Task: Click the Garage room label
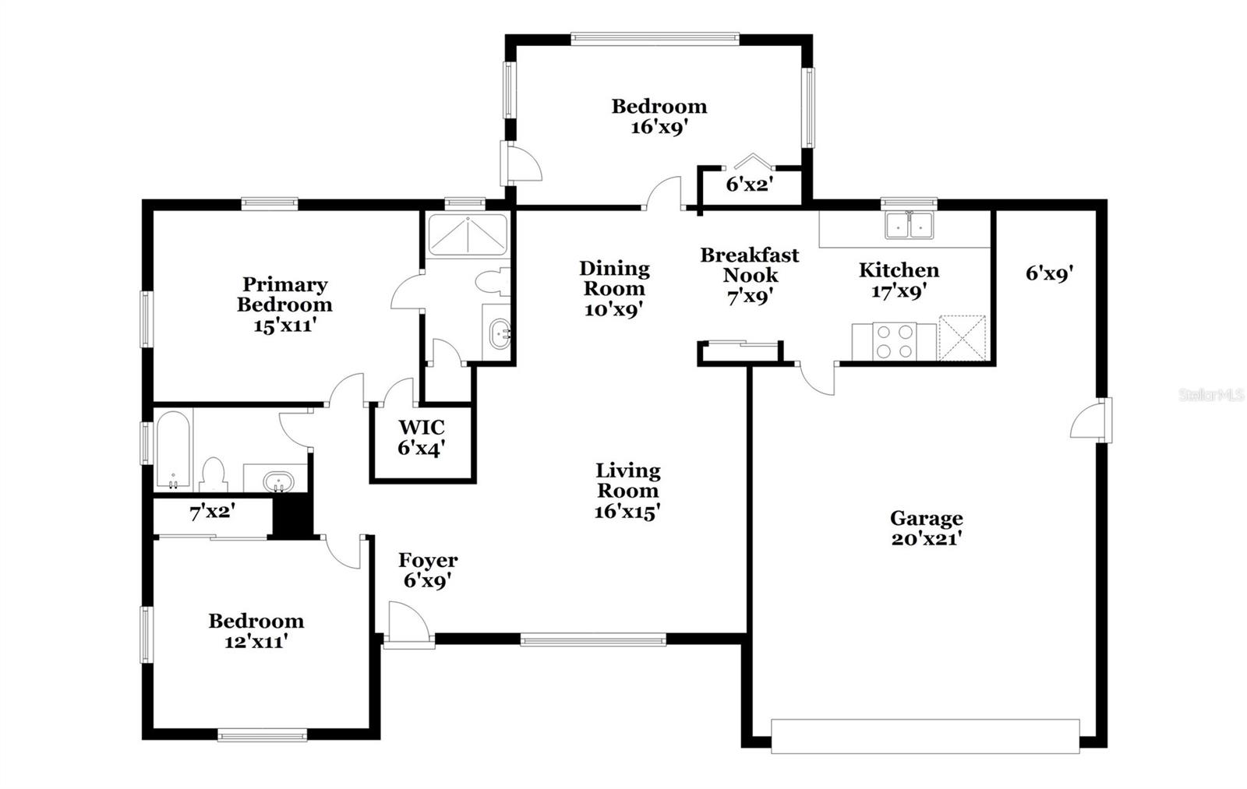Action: point(926,518)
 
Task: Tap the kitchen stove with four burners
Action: point(894,341)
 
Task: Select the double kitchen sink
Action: point(909,225)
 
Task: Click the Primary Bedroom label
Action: point(284,294)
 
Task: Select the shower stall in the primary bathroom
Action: point(468,234)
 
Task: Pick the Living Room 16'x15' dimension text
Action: point(628,512)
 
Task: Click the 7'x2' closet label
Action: point(212,512)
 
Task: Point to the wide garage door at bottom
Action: point(925,736)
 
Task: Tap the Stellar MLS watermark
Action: point(1212,396)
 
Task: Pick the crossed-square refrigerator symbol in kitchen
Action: point(962,339)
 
